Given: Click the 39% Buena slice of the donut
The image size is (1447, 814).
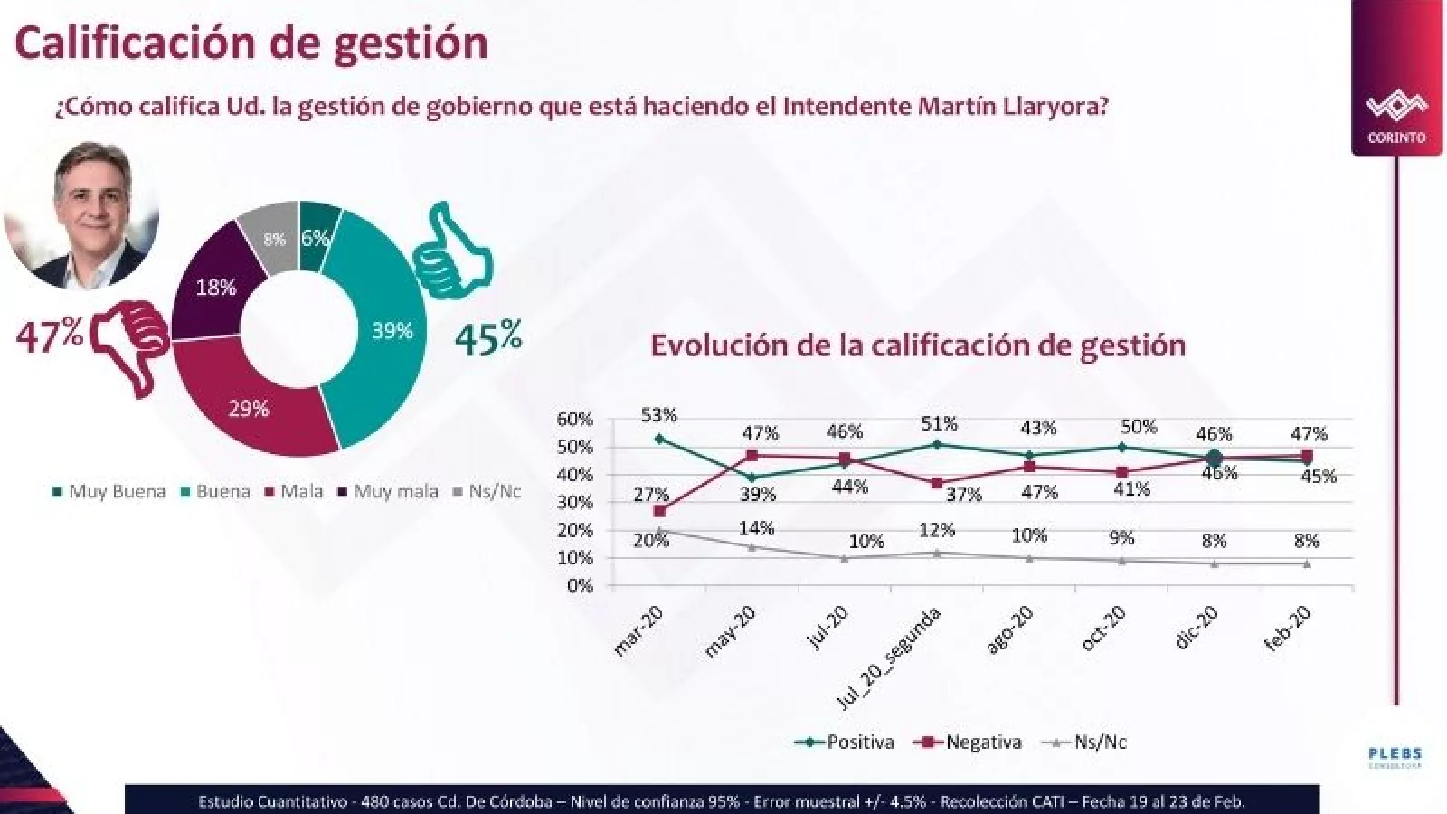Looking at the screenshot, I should [x=391, y=331].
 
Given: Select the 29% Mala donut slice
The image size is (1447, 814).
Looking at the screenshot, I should [x=249, y=409].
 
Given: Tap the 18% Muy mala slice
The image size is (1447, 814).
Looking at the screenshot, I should [x=215, y=288].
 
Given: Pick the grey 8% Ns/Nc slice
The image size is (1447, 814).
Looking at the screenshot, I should [x=274, y=239].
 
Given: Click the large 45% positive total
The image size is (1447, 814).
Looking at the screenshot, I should [x=488, y=338].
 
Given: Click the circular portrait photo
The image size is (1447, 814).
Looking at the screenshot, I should [x=82, y=213].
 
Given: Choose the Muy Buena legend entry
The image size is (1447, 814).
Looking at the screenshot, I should [x=109, y=492].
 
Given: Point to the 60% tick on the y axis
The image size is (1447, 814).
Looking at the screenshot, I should [x=574, y=420].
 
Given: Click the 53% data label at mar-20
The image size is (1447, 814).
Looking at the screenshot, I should [x=658, y=415].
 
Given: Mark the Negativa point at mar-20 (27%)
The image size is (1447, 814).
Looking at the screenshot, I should [x=659, y=511].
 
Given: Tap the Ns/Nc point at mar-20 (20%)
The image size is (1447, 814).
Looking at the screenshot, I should [x=659, y=531].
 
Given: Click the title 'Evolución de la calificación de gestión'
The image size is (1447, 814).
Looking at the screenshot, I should [x=917, y=345].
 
